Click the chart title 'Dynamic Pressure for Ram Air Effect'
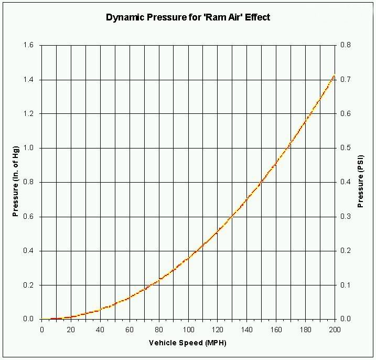point(188,17)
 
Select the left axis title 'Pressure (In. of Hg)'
point(16,182)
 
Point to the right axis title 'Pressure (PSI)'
point(361,182)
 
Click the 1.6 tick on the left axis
point(29,46)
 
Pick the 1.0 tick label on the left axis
point(29,148)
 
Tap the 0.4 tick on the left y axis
point(29,251)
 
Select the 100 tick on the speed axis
point(188,330)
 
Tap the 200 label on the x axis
point(335,330)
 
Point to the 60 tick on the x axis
point(130,330)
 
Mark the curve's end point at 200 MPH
point(335,76)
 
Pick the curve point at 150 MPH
point(262,182)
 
